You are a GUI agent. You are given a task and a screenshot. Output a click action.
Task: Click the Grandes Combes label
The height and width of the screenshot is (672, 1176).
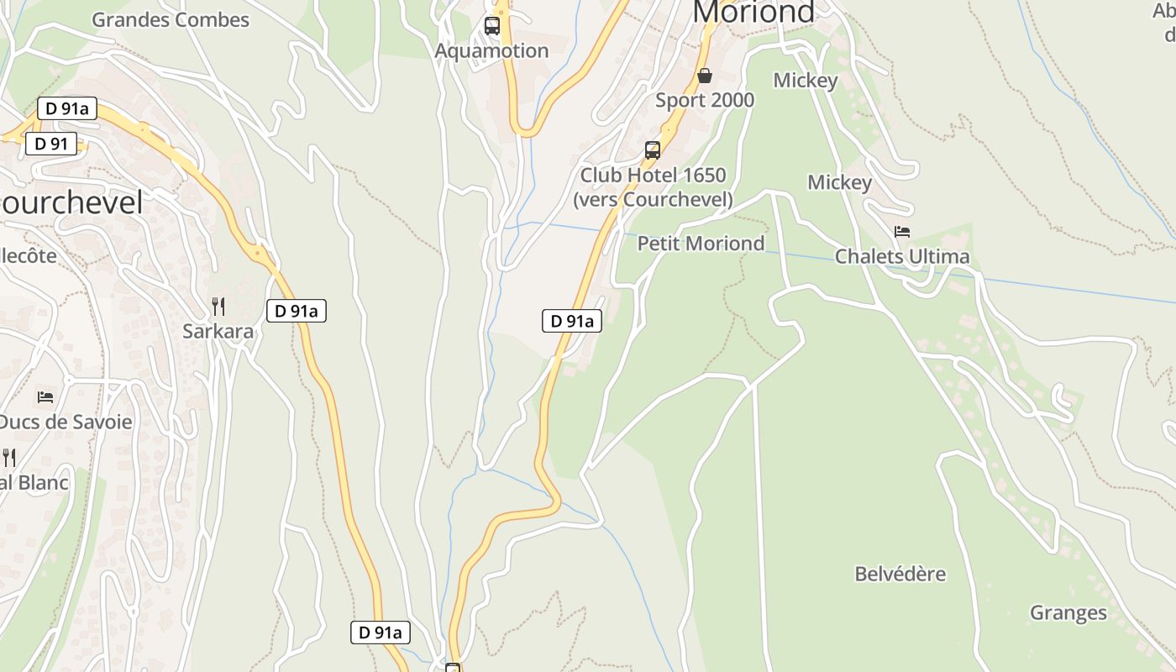point(171,19)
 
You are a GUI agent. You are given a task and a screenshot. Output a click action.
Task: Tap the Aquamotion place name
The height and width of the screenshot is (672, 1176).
point(491,50)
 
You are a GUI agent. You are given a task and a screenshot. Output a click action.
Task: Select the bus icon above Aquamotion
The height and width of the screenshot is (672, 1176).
point(492,26)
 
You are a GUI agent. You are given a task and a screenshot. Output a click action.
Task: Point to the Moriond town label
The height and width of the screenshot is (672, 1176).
point(753,12)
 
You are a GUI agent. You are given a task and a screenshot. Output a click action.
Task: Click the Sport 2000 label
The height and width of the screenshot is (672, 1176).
point(705,100)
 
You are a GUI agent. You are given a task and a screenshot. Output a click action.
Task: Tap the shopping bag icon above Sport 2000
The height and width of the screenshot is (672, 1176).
point(705,76)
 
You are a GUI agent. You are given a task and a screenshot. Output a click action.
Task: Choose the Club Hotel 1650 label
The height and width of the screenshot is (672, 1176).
point(653,176)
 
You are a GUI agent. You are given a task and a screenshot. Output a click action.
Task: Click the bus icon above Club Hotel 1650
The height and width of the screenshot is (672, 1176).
point(653,150)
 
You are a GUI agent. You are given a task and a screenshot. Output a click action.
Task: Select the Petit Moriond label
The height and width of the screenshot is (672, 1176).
point(701,244)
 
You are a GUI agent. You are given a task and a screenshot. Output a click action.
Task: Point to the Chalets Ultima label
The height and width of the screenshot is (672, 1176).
point(902,256)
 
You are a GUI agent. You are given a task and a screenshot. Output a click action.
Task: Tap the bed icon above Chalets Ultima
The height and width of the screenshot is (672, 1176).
point(902,232)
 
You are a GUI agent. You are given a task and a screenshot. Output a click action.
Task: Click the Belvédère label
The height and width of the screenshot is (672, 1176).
point(900,575)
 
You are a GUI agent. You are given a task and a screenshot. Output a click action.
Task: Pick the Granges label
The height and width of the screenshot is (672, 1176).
point(1068,613)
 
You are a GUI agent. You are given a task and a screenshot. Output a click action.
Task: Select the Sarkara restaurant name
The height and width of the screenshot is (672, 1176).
point(218,331)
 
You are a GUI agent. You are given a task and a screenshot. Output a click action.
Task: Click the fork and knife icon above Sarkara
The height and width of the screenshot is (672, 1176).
point(218,307)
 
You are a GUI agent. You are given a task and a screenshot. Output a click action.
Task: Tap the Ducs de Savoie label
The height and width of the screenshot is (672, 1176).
point(66,421)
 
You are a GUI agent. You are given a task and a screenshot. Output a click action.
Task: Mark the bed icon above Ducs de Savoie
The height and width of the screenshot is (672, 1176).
point(45,396)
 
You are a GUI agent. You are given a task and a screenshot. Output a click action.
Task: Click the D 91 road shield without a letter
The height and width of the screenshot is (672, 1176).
point(51,144)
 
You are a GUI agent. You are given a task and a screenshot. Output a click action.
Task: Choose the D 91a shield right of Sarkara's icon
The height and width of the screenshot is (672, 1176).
point(297,311)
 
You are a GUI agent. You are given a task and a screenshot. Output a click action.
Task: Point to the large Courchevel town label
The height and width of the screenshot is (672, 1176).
point(72,202)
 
